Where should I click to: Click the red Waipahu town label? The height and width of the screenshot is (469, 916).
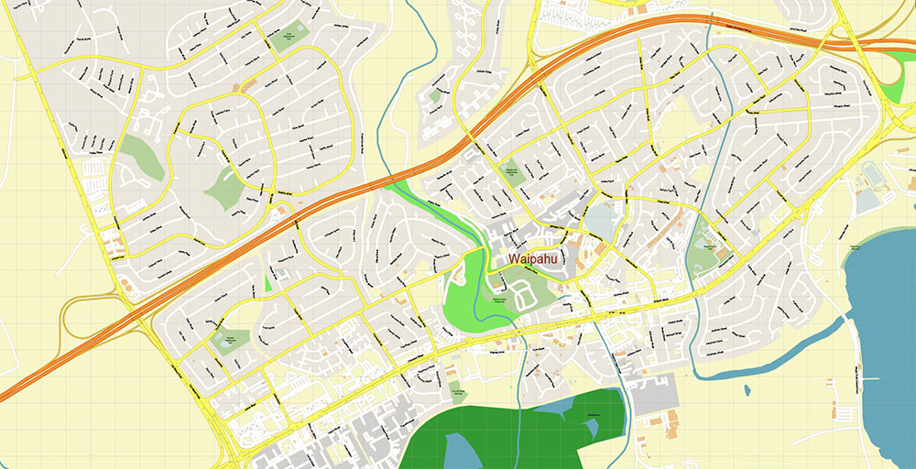pyautogui.click(x=537, y=259)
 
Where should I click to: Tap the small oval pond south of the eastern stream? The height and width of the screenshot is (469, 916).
pyautogui.click(x=747, y=390)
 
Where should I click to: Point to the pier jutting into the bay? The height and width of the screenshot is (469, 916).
pyautogui.click(x=871, y=378)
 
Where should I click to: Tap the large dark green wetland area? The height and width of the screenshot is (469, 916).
pyautogui.click(x=513, y=421)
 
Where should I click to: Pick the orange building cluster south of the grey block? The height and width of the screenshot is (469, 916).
pyautogui.click(x=664, y=420)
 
